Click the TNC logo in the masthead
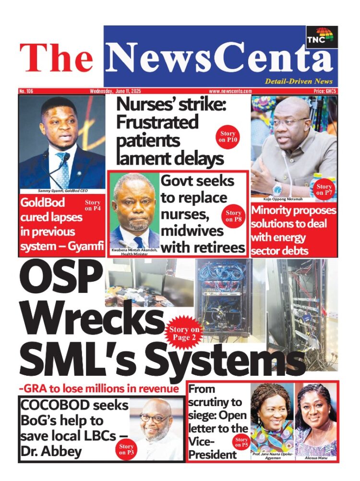click(x=322, y=38)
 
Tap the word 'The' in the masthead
click(x=56, y=58)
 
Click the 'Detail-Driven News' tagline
click(x=298, y=82)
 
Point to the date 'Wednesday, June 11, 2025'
click(x=115, y=91)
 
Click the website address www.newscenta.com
click(x=230, y=91)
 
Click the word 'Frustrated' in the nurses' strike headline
click(x=157, y=122)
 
